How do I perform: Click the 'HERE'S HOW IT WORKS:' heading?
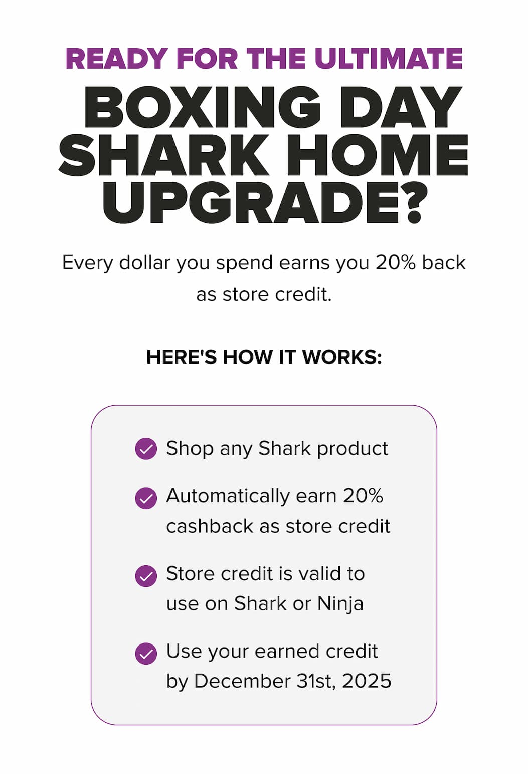(264, 357)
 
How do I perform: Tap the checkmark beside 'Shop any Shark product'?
(146, 449)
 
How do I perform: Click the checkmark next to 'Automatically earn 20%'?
(146, 498)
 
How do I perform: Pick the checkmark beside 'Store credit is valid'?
(146, 576)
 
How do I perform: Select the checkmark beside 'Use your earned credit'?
(146, 654)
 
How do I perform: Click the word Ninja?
(340, 603)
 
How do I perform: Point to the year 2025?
(367, 681)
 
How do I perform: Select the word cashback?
(210, 526)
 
